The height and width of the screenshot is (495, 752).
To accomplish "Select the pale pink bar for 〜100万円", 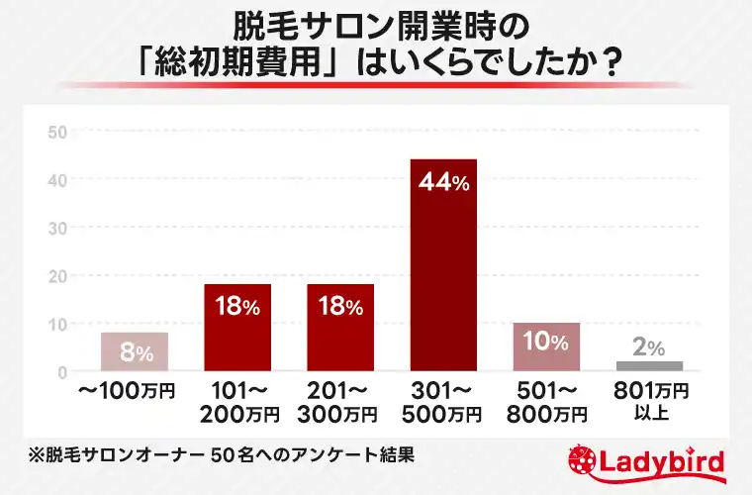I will [134, 352].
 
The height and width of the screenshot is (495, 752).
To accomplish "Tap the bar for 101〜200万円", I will [237, 328].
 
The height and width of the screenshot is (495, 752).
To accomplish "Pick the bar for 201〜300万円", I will [340, 328].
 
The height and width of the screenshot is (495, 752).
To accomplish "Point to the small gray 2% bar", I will [649, 365].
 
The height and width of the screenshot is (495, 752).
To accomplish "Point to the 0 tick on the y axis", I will [61, 372].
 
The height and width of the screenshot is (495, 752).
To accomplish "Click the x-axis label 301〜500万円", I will [443, 400].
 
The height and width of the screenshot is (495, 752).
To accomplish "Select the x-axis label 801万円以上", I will [649, 400].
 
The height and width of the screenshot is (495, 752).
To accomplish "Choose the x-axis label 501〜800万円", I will [546, 400].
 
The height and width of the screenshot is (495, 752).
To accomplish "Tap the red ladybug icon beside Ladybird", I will [584, 462].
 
